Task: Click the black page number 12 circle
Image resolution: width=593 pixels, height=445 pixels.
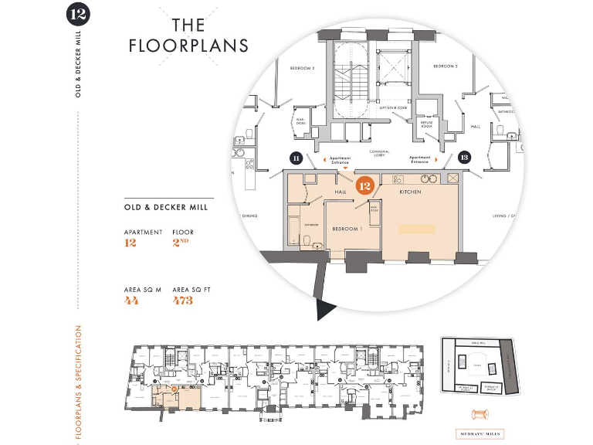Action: (78, 14)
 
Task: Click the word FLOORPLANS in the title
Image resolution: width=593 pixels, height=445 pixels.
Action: (189, 45)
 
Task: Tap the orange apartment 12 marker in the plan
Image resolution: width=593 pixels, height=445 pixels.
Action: (364, 185)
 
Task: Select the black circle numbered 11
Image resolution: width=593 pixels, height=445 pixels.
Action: (296, 158)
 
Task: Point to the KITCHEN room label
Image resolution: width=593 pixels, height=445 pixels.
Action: (410, 192)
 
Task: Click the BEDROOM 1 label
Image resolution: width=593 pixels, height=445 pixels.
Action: (347, 229)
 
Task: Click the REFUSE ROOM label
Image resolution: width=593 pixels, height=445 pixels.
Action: (426, 123)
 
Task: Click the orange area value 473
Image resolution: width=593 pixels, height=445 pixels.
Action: (183, 301)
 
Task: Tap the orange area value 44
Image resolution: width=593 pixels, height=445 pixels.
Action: (131, 301)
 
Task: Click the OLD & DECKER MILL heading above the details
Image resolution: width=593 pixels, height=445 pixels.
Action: (166, 207)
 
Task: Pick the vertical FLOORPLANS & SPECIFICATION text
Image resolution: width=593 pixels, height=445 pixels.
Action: (79, 382)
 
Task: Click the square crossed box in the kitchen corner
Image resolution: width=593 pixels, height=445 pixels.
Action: (452, 178)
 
